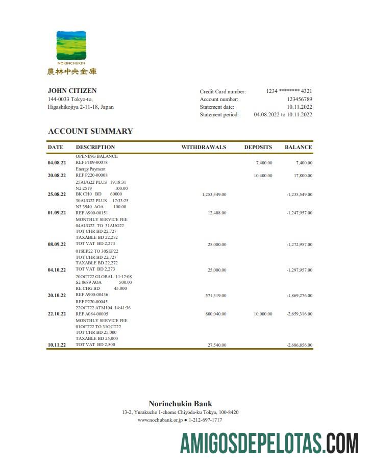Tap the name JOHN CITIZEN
pos(72,91)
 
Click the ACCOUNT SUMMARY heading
pos(90,131)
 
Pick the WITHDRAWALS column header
pos(204,147)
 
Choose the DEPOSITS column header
pos(258,147)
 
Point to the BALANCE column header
pos(298,147)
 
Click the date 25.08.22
pos(57,194)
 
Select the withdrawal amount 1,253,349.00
pos(214,194)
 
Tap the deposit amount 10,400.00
pos(263,176)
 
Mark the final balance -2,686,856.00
pos(300,346)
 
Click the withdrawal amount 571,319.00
pos(215,296)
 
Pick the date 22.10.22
pos(57,314)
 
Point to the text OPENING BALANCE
pos(96,156)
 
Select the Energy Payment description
pos(90,169)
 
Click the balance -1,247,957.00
pos(300,213)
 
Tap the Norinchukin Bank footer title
pos(180,404)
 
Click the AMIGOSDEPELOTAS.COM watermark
pos(269,443)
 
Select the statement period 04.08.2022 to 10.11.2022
pos(283,115)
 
